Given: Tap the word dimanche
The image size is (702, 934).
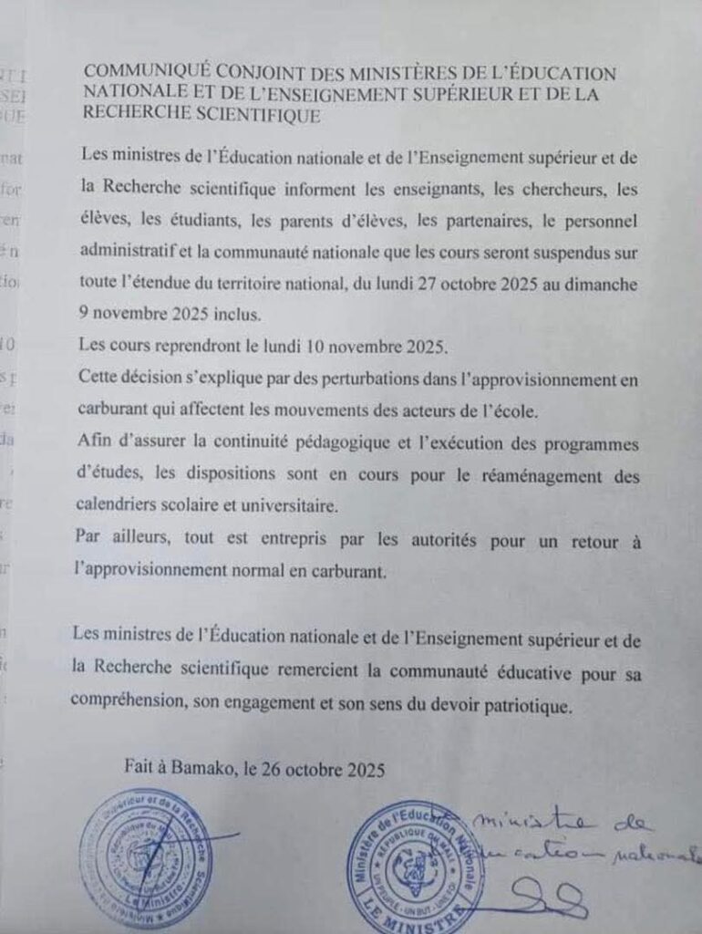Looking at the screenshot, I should pyautogui.click(x=600, y=284).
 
